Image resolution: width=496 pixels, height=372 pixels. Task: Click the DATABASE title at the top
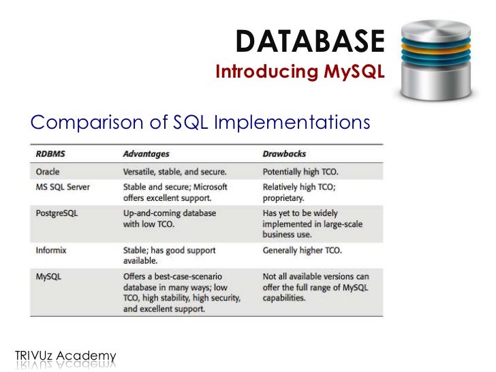click(310, 43)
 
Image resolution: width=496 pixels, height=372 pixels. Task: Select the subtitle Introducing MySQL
click(300, 72)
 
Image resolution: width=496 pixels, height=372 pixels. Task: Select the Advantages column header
click(146, 154)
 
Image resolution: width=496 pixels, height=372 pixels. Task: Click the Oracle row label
click(49, 171)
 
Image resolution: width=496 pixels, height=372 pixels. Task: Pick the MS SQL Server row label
click(63, 187)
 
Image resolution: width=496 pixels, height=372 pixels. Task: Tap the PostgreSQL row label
click(57, 213)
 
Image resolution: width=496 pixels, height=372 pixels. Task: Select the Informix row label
click(51, 250)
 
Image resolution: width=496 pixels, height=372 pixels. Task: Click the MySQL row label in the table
click(49, 277)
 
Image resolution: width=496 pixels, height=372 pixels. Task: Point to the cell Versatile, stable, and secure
click(174, 171)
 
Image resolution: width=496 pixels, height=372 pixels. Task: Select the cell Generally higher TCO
click(303, 250)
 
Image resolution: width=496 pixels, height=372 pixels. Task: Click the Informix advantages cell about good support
click(169, 255)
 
